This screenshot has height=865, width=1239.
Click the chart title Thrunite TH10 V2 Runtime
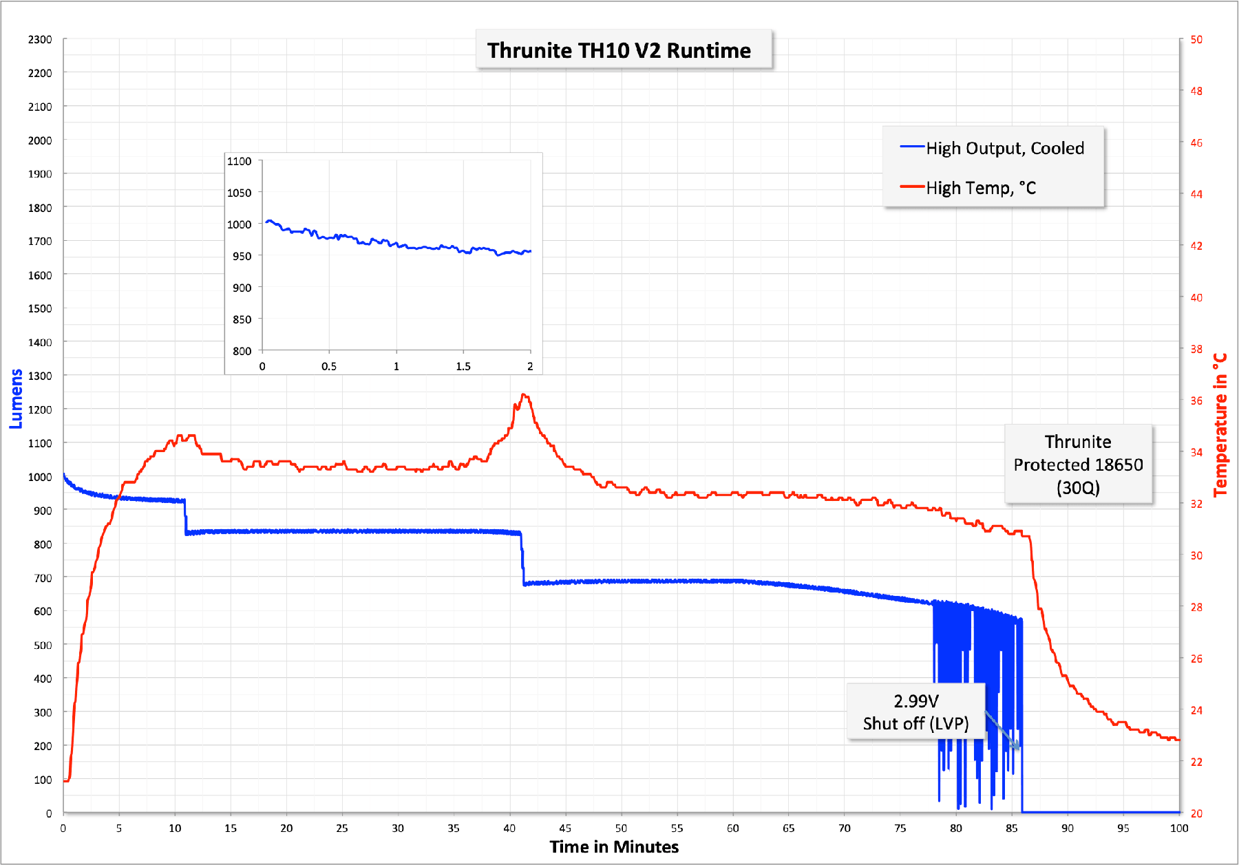click(x=619, y=50)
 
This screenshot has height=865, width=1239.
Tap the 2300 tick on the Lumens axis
click(x=40, y=39)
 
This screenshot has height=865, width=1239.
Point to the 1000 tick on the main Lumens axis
click(x=40, y=477)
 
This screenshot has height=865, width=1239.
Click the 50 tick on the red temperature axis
click(x=1196, y=39)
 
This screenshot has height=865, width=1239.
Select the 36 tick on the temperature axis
click(x=1196, y=401)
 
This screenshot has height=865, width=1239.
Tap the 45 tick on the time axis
click(x=565, y=828)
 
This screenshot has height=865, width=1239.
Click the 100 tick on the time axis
click(x=1179, y=828)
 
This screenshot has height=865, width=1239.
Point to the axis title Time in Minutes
click(x=614, y=846)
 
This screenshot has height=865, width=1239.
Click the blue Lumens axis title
click(x=16, y=399)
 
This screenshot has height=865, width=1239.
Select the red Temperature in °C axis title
click(x=1220, y=425)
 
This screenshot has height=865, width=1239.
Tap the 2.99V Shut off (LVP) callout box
click(x=915, y=712)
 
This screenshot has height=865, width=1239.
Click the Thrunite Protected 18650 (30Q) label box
click(x=1078, y=464)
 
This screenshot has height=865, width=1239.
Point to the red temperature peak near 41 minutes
click(x=524, y=395)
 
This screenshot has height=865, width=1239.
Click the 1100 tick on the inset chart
click(x=240, y=161)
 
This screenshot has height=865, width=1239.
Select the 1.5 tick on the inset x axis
click(x=463, y=366)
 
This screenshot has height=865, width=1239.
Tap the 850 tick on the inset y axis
click(x=242, y=319)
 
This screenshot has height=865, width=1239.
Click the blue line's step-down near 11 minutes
click(x=185, y=517)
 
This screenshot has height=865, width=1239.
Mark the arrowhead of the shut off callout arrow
click(x=1019, y=748)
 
